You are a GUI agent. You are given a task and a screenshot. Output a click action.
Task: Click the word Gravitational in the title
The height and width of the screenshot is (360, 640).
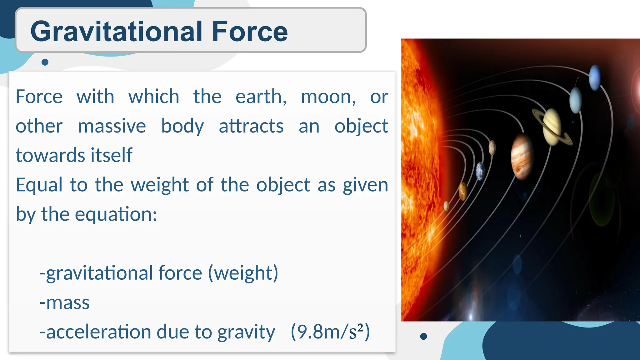(117, 32)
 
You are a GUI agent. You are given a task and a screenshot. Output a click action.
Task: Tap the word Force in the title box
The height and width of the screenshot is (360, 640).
(249, 32)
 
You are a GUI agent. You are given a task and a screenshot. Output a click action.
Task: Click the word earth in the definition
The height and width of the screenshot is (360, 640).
(261, 97)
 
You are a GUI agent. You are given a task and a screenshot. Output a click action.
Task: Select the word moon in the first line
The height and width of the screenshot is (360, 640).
(328, 97)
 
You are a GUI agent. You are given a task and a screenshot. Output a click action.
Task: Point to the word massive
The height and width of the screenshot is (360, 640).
(112, 126)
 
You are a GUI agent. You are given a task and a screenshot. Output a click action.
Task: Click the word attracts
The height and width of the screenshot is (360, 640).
(251, 126)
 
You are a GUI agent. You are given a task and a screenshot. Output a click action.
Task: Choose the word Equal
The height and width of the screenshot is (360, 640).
(39, 185)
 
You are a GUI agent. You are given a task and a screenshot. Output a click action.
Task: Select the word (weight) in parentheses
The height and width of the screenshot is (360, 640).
(243, 273)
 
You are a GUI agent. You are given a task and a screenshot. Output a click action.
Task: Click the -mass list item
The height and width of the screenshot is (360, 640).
(65, 302)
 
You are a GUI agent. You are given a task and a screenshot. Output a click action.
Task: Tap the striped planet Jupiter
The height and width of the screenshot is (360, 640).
(522, 156)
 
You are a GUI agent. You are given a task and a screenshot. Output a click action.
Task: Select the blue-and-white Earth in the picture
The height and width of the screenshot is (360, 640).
(480, 171)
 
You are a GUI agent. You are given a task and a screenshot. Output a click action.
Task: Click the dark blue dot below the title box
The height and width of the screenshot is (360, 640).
(45, 62)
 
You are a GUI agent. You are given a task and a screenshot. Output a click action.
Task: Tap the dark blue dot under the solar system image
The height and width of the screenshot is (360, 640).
(423, 336)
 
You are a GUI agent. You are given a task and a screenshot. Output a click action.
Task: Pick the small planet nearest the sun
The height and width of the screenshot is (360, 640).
(446, 206)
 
